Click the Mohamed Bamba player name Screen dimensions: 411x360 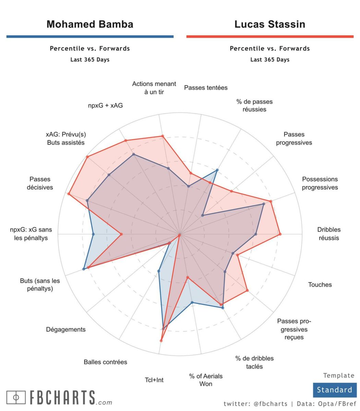click(90, 24)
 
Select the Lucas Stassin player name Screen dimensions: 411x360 click(270, 24)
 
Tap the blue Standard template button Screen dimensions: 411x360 click(334, 390)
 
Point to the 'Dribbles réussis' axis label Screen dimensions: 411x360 click(329, 234)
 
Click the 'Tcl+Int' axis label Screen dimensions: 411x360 click(154, 380)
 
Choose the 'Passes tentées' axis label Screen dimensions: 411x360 click(206, 88)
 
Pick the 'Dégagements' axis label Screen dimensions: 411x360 click(66, 329)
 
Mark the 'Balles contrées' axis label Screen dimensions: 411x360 click(105, 362)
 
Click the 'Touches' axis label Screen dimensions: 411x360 click(320, 284)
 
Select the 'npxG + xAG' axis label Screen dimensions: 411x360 click(105, 105)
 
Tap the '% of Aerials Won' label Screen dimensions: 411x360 click(206, 380)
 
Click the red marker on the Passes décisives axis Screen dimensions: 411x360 click(69, 194)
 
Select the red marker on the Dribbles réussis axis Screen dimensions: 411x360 click(280, 234)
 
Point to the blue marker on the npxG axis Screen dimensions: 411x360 click(94, 234)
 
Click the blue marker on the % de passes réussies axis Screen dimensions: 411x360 click(217, 170)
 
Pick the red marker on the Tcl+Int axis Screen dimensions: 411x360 click(161, 340)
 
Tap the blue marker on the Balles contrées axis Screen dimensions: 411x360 click(158, 271)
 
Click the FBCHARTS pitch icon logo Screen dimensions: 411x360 click(16, 397)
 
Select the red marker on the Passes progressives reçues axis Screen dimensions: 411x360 click(247, 291)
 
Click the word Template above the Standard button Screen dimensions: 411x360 click(339, 375)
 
